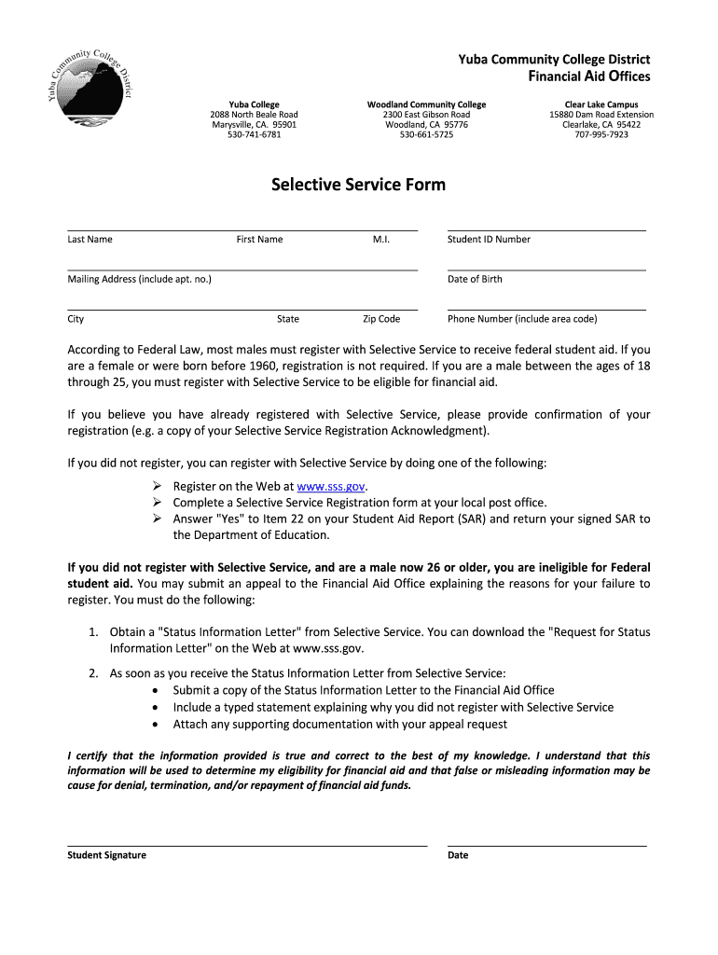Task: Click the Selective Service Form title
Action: [x=358, y=185]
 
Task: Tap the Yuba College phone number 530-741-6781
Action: [x=254, y=135]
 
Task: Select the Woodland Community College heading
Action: [x=426, y=104]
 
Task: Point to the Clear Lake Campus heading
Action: [x=601, y=104]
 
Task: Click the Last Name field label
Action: [x=90, y=240]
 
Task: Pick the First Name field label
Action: [x=259, y=240]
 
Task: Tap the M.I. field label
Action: [x=380, y=240]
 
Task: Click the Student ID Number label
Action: [x=489, y=240]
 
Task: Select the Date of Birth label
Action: [x=475, y=280]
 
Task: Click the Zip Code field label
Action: [x=381, y=319]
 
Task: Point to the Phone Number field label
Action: [x=522, y=319]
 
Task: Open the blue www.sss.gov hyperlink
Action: [x=330, y=487]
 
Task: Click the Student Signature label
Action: [x=106, y=855]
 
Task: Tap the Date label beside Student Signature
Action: [x=458, y=855]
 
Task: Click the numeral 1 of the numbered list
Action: [x=94, y=632]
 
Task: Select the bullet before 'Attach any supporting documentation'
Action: [x=154, y=725]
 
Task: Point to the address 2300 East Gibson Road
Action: [x=426, y=115]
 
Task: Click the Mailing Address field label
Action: [x=139, y=280]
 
